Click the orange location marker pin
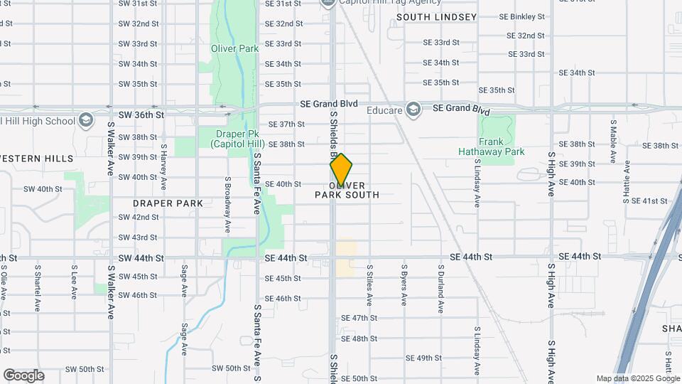click(x=341, y=169)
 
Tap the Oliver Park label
click(x=234, y=49)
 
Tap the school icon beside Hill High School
click(x=87, y=119)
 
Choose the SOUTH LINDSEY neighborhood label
click(x=436, y=16)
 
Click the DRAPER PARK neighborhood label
click(x=168, y=203)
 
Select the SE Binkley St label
click(x=521, y=16)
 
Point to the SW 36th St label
click(x=141, y=114)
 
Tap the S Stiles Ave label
click(x=369, y=286)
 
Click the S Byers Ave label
click(x=404, y=286)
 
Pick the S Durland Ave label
click(x=440, y=289)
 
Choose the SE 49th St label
click(x=423, y=358)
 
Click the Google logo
click(x=23, y=375)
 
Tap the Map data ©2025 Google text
click(x=638, y=379)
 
